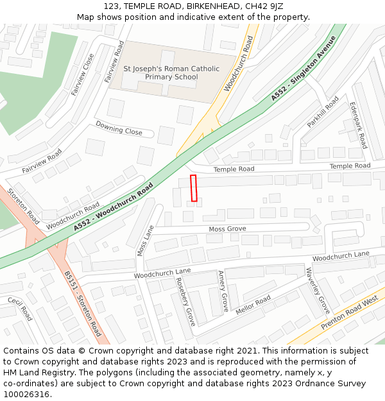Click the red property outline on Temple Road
pos(193,188)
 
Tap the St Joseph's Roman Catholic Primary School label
pos(171,73)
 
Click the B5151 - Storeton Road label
pos(82,303)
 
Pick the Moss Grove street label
pos(227,229)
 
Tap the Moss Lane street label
pos(145,240)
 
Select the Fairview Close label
pos(82,74)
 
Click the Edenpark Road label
pos(358,125)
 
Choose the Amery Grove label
pos(222,291)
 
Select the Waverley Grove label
pos(318,289)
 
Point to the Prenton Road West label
pos(349,313)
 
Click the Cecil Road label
pos(20,309)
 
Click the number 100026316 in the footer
pos(26,395)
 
